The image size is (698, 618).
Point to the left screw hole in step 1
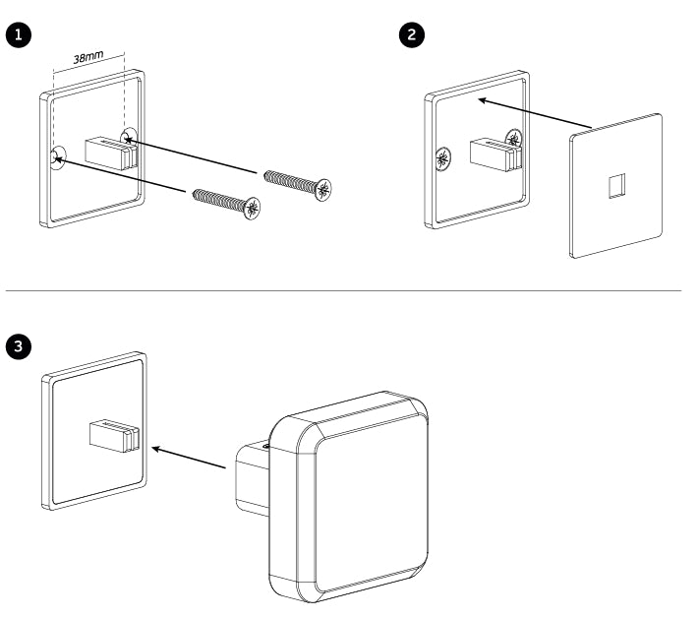tap(57, 155)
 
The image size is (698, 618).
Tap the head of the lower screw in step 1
tap(255, 207)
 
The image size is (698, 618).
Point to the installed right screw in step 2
tap(513, 138)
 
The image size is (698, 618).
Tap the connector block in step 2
tap(491, 153)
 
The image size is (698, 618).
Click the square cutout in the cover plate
tap(615, 184)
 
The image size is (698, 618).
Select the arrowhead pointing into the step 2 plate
tap(479, 99)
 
